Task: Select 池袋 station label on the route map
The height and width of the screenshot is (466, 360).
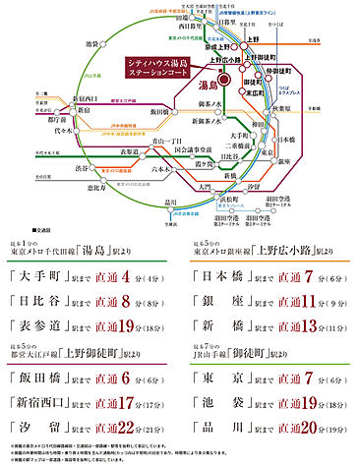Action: (93, 45)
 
